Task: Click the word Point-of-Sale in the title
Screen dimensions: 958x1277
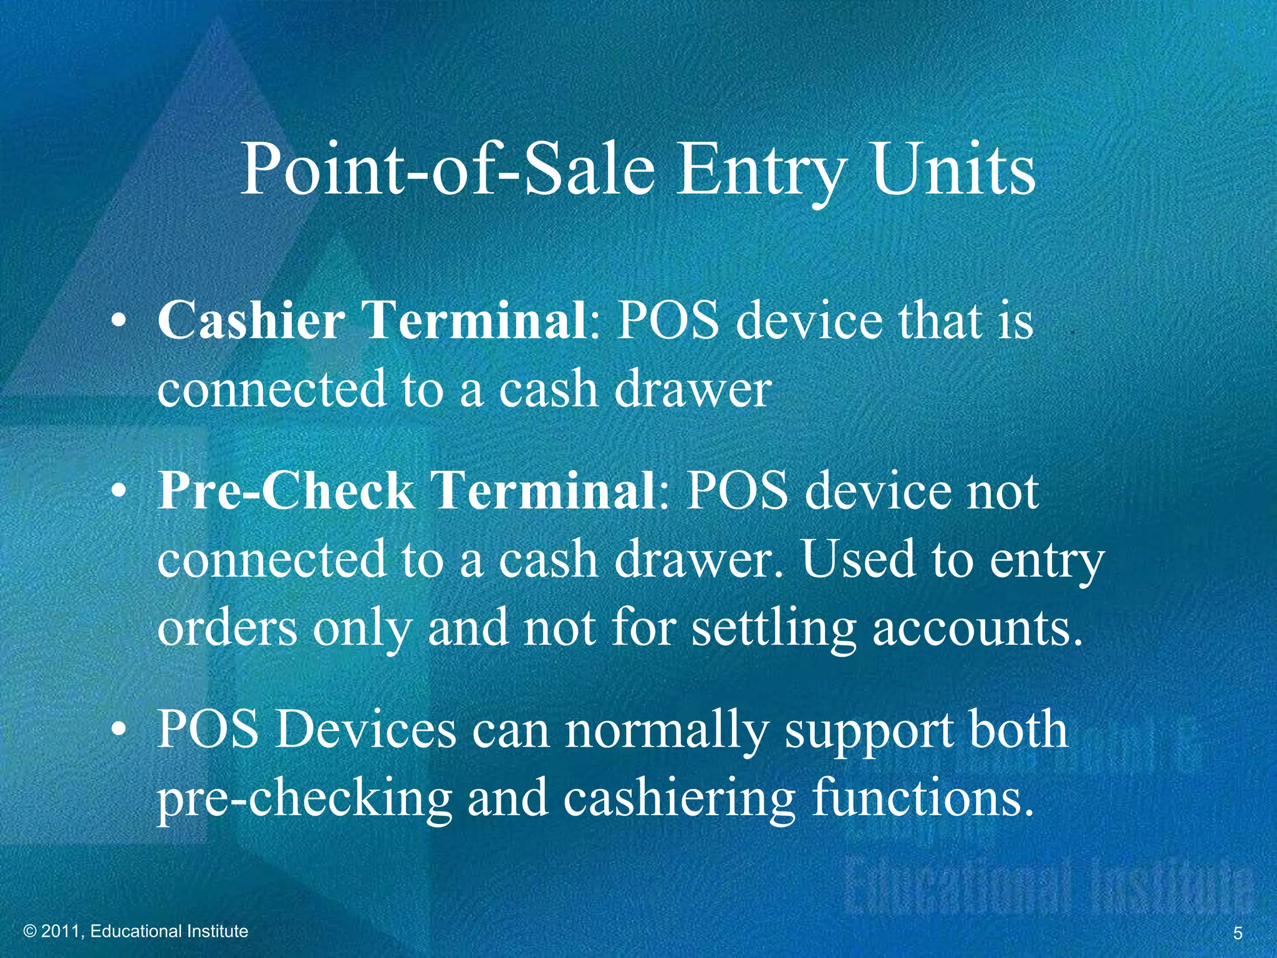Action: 447,170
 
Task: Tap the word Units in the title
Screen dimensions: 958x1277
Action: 953,170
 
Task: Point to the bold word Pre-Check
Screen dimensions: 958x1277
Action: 285,491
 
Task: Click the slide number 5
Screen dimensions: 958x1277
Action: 1238,933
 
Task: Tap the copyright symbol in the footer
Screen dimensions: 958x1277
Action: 29,932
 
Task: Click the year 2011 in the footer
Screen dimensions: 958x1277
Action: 60,932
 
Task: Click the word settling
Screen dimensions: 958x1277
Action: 774,629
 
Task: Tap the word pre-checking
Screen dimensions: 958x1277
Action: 304,800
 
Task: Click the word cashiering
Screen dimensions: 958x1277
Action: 679,800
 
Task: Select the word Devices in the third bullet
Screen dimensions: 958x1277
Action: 367,730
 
